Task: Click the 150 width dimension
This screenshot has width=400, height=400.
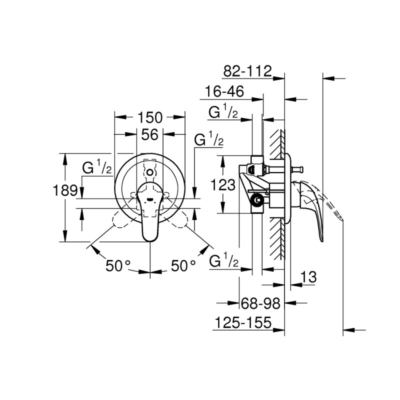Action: pyautogui.click(x=150, y=118)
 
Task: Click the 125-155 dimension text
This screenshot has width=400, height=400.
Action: pyautogui.click(x=242, y=323)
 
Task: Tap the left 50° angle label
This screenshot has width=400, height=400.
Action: pyautogui.click(x=118, y=266)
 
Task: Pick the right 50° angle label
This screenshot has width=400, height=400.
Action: pyautogui.click(x=183, y=266)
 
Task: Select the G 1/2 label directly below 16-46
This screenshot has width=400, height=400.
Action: pyautogui.click(x=222, y=113)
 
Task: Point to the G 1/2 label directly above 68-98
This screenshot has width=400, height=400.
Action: pyautogui.click(x=222, y=261)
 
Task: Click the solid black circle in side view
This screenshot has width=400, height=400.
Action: pyautogui.click(x=257, y=200)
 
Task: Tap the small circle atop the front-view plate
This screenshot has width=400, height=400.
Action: pyautogui.click(x=150, y=171)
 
